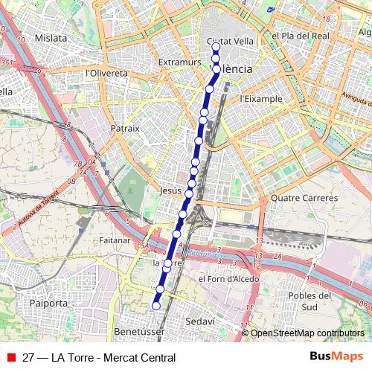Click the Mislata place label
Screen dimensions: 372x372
click(51, 37)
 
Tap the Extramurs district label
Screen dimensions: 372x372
click(180, 62)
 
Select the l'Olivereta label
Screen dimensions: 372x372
click(107, 73)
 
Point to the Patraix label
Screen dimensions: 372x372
click(125, 128)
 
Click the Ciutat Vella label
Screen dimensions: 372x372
click(225, 42)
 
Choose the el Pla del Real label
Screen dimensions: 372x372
click(300, 36)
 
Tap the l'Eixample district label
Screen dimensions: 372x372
click(261, 98)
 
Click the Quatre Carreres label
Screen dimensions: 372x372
click(304, 198)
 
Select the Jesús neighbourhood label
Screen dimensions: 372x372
click(170, 190)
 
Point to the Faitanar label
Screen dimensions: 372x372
click(115, 240)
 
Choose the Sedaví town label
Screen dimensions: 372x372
click(199, 320)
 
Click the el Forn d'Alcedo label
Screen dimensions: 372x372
click(228, 279)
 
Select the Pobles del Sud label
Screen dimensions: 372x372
click(313, 301)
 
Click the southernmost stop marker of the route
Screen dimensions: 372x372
click(156, 305)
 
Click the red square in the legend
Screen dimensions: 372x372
click(10, 358)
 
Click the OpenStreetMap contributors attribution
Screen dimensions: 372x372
click(307, 333)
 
